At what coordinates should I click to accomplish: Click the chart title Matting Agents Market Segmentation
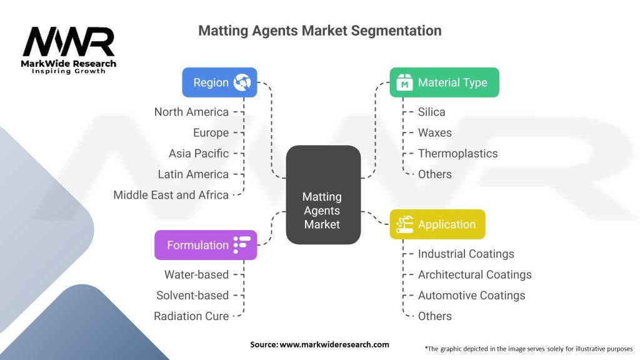319,31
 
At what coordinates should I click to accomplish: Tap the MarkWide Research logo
69,50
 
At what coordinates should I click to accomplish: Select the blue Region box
219,82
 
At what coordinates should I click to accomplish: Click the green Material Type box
444,82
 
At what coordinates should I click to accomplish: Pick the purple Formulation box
205,245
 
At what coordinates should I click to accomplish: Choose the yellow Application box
437,224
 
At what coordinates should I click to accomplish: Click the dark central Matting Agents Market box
322,210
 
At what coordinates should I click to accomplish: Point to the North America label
191,112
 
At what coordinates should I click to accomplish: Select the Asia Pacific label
199,153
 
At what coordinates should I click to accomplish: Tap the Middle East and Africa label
171,195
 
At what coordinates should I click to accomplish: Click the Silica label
431,112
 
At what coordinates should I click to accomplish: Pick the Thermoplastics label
457,153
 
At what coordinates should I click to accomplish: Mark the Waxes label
434,132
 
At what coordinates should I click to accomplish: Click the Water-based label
196,274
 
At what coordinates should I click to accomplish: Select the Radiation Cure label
191,316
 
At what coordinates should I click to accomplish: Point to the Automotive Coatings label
471,295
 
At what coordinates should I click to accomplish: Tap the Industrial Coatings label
466,254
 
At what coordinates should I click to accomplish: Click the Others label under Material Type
434,174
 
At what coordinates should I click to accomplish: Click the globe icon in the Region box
241,82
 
